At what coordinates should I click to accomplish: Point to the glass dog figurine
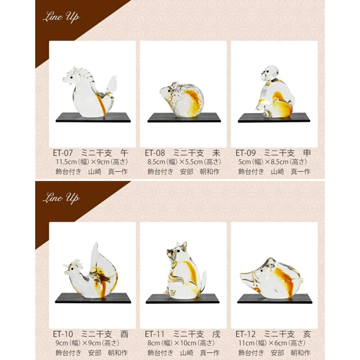click(185, 271)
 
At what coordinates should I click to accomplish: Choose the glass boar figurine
click(271, 278)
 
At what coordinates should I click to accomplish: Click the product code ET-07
click(63, 153)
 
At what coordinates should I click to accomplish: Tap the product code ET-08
click(155, 153)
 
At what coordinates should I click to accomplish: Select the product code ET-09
click(246, 153)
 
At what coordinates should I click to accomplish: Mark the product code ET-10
click(63, 334)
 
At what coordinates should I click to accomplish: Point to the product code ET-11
click(155, 334)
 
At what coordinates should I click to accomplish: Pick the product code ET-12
click(246, 334)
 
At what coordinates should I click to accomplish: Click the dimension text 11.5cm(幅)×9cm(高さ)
click(92, 162)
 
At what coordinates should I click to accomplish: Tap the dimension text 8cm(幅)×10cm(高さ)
click(181, 343)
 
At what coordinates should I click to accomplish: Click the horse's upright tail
click(112, 84)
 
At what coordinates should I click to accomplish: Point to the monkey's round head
click(270, 73)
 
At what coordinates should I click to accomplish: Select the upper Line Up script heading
click(61, 17)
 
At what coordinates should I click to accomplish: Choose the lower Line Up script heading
click(61, 198)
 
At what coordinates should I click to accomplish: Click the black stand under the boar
click(274, 299)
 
